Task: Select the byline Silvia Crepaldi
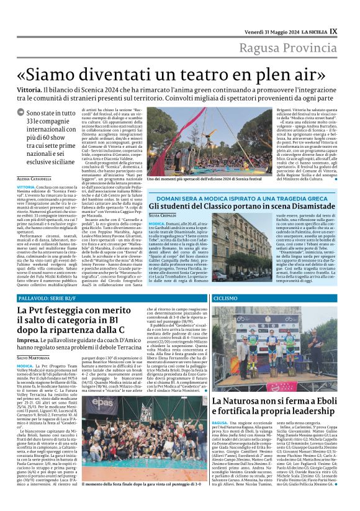coord(162,215)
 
